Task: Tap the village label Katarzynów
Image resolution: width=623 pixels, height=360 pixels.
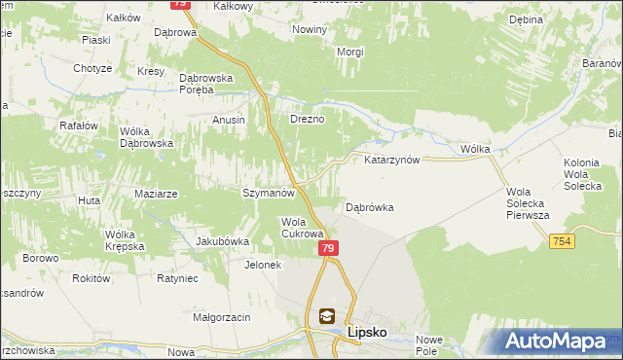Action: (x=391, y=160)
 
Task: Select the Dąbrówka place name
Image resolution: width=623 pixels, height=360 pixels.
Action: (x=370, y=207)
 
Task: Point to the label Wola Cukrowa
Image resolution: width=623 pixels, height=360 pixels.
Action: (x=302, y=228)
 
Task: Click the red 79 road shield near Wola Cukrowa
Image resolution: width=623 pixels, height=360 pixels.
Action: (x=328, y=249)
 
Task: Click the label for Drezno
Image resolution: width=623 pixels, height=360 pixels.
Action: (x=307, y=120)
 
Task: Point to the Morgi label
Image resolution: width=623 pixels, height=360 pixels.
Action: (x=350, y=52)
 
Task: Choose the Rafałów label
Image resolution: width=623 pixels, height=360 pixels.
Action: (x=79, y=125)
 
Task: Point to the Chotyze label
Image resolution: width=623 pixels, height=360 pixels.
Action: (x=92, y=69)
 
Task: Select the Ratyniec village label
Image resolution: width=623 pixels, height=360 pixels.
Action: (x=177, y=278)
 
